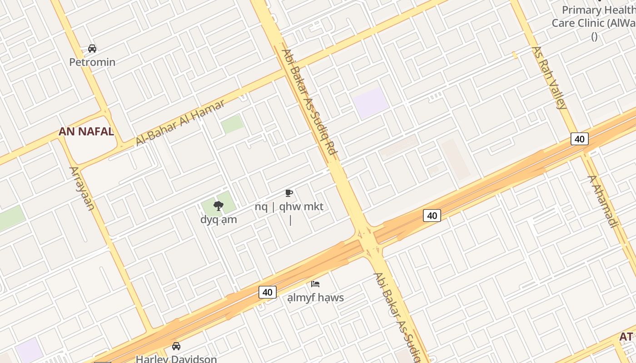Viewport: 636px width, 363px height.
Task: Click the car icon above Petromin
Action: [92, 49]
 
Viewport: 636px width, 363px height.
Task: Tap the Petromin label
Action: [92, 62]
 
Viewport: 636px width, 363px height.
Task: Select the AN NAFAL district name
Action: [86, 132]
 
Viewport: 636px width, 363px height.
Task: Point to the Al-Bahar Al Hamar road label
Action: [180, 123]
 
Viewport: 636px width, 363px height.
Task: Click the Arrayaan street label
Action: [82, 188]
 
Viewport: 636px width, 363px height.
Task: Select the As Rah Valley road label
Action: [549, 78]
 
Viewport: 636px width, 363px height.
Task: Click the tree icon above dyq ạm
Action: [219, 206]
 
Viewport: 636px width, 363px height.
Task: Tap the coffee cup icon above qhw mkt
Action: [288, 193]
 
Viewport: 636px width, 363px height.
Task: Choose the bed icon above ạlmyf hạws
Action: [315, 284]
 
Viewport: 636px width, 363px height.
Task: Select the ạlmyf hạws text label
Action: [315, 298]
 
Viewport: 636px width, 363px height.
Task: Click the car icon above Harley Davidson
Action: [176, 346]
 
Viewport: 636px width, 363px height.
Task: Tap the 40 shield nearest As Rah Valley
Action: [579, 139]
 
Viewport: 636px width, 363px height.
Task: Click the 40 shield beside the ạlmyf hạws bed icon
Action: [267, 292]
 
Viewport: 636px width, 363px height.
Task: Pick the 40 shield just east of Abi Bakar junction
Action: [432, 216]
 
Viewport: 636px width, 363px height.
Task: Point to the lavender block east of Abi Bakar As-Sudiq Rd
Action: [371, 103]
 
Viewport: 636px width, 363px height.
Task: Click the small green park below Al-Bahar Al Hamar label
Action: [232, 124]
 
